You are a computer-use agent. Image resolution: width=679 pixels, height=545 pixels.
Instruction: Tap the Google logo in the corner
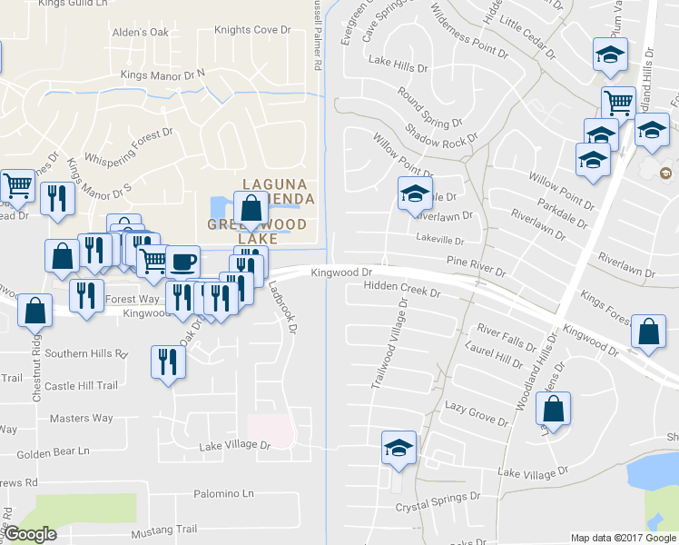[30, 535]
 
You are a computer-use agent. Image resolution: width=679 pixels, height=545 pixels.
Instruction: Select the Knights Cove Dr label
[252, 30]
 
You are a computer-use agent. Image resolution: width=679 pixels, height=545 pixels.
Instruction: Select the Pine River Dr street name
[475, 266]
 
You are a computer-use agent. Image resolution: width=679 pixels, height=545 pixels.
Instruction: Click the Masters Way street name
[81, 418]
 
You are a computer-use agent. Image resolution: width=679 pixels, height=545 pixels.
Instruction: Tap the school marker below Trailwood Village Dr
[399, 448]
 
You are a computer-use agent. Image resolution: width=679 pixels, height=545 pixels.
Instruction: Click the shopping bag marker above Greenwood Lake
[251, 209]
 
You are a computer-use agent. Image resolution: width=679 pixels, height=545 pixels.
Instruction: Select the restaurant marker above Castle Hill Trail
[168, 362]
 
